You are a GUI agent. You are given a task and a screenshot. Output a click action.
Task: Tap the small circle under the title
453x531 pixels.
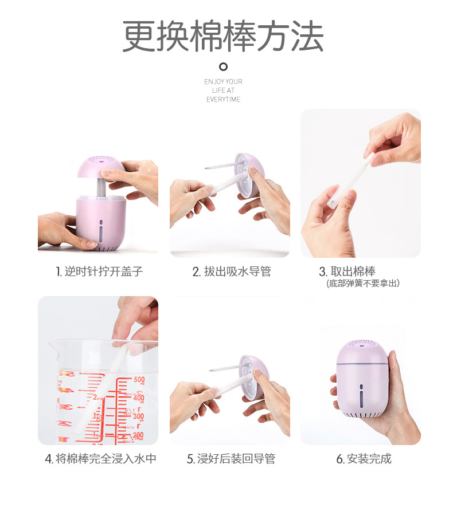(x=224, y=66)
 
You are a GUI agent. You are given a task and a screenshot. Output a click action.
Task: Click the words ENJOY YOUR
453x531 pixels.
(x=223, y=82)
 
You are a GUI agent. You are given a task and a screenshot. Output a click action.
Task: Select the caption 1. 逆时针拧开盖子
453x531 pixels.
(x=99, y=272)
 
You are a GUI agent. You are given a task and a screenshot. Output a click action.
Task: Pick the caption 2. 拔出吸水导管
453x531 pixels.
(x=232, y=272)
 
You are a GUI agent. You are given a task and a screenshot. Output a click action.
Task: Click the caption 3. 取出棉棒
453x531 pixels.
(x=347, y=272)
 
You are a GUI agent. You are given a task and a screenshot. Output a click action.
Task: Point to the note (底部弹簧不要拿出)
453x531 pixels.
(x=363, y=284)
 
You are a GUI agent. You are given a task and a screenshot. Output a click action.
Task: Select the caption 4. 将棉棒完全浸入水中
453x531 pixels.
(x=100, y=459)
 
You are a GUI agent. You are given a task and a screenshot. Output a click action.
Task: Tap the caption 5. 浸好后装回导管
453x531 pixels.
(x=231, y=459)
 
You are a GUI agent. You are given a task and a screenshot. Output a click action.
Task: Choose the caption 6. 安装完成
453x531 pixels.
(x=364, y=459)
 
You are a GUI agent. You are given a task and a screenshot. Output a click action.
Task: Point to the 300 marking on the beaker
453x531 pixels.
(x=138, y=416)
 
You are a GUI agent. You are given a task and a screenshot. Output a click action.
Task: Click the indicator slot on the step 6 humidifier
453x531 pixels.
(x=361, y=394)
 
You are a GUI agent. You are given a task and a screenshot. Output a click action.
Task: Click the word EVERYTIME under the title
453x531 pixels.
(x=223, y=100)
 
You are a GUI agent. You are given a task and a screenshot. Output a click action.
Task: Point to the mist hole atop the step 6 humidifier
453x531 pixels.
(x=361, y=347)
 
